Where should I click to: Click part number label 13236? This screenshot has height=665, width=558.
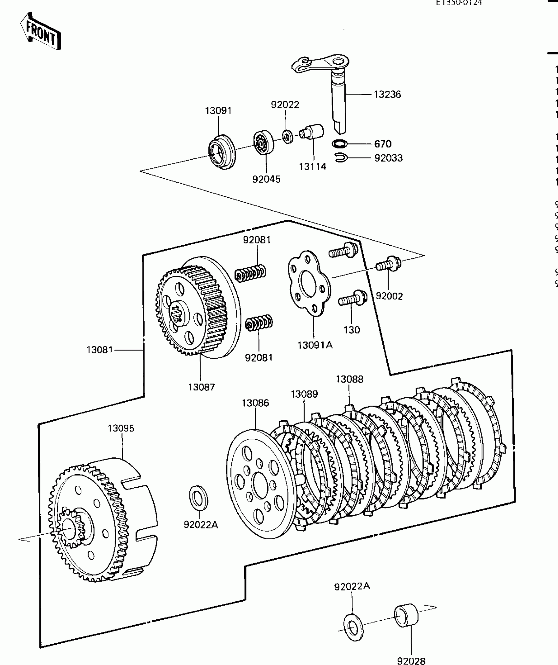tap(387, 95)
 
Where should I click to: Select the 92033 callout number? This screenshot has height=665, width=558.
tap(388, 158)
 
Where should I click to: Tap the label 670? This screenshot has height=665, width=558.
tap(383, 144)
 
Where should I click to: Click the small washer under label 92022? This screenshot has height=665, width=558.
tap(288, 136)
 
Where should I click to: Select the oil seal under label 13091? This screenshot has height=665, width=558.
tap(222, 152)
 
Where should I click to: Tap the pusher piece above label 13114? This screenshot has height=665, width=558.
tap(312, 132)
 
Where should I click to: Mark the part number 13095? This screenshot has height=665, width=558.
tap(121, 428)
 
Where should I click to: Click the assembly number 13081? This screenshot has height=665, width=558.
tap(99, 350)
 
